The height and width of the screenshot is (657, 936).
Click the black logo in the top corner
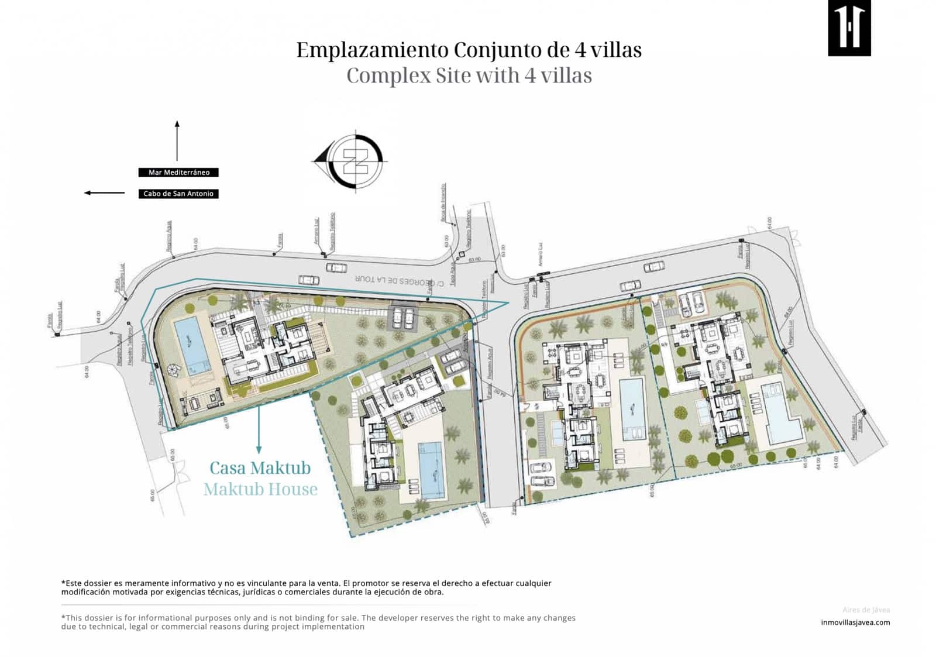pos(849,28)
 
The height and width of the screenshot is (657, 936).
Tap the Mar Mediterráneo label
pos(178,173)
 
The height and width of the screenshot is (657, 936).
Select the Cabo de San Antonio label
pos(178,194)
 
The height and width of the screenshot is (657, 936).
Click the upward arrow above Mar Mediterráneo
pos(177,140)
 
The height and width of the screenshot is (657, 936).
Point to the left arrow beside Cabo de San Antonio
pos(104,192)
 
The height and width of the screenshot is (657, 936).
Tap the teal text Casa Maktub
pos(260,468)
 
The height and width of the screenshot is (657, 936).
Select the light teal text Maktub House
pos(260,489)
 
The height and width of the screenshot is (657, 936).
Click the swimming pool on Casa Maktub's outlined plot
pos(192,346)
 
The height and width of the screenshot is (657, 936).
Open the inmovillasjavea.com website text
pos(855,622)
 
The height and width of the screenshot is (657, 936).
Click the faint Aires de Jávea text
pos(866,610)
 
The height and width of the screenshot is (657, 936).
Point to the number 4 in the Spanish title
pos(580,50)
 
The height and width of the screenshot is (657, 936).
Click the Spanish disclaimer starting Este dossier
pos(306,587)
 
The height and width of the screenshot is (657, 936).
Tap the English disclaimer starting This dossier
pos(318,622)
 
